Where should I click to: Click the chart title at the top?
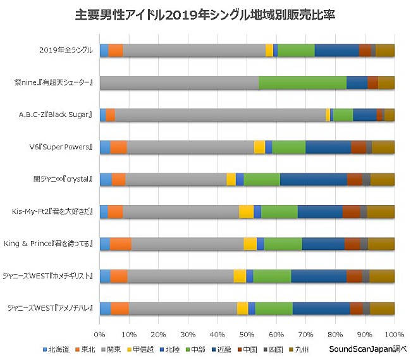[x=205, y=13]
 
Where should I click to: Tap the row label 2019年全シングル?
[x=66, y=51]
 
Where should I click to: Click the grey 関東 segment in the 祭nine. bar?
[x=179, y=83]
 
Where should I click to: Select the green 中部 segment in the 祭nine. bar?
[x=302, y=83]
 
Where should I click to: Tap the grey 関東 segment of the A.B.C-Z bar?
[x=220, y=115]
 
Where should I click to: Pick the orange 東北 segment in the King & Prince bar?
[x=121, y=244]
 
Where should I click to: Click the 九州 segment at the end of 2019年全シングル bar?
[x=384, y=51]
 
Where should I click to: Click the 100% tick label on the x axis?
[x=394, y=333]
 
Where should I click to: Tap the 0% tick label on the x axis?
[x=100, y=333]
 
